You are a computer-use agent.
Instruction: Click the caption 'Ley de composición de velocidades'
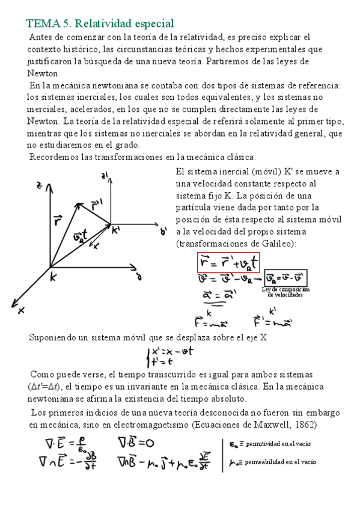(286, 292)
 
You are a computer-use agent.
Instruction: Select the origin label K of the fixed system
(53, 277)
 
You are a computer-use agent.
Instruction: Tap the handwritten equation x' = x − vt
(172, 351)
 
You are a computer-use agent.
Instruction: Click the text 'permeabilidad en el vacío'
(279, 462)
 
